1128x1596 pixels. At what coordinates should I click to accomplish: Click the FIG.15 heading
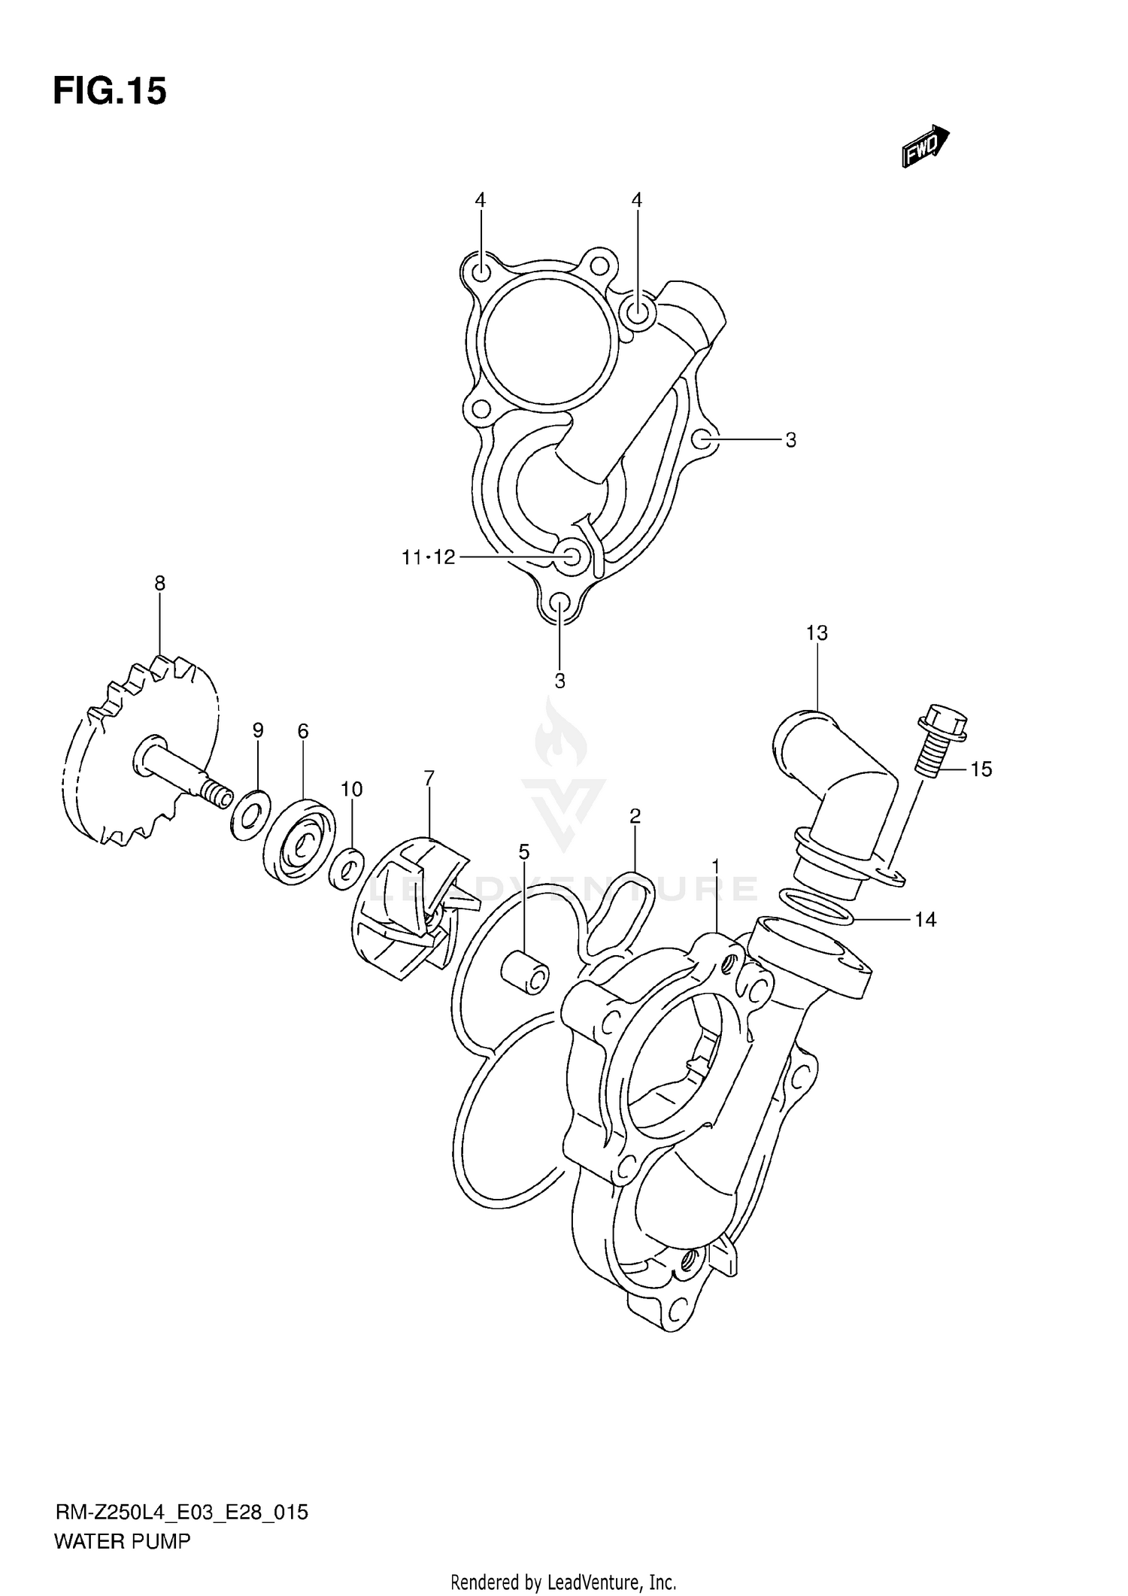point(110,92)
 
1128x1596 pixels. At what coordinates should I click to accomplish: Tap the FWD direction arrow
point(925,146)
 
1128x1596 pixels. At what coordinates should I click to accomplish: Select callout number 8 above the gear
point(159,583)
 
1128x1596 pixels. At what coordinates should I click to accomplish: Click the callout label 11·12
point(428,557)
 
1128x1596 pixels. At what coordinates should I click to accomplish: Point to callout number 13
point(817,633)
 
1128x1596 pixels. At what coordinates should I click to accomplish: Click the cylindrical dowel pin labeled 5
point(525,971)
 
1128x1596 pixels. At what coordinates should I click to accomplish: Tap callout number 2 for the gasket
point(635,816)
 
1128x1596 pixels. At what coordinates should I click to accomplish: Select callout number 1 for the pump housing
point(716,866)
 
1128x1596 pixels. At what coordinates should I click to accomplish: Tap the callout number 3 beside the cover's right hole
point(790,441)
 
